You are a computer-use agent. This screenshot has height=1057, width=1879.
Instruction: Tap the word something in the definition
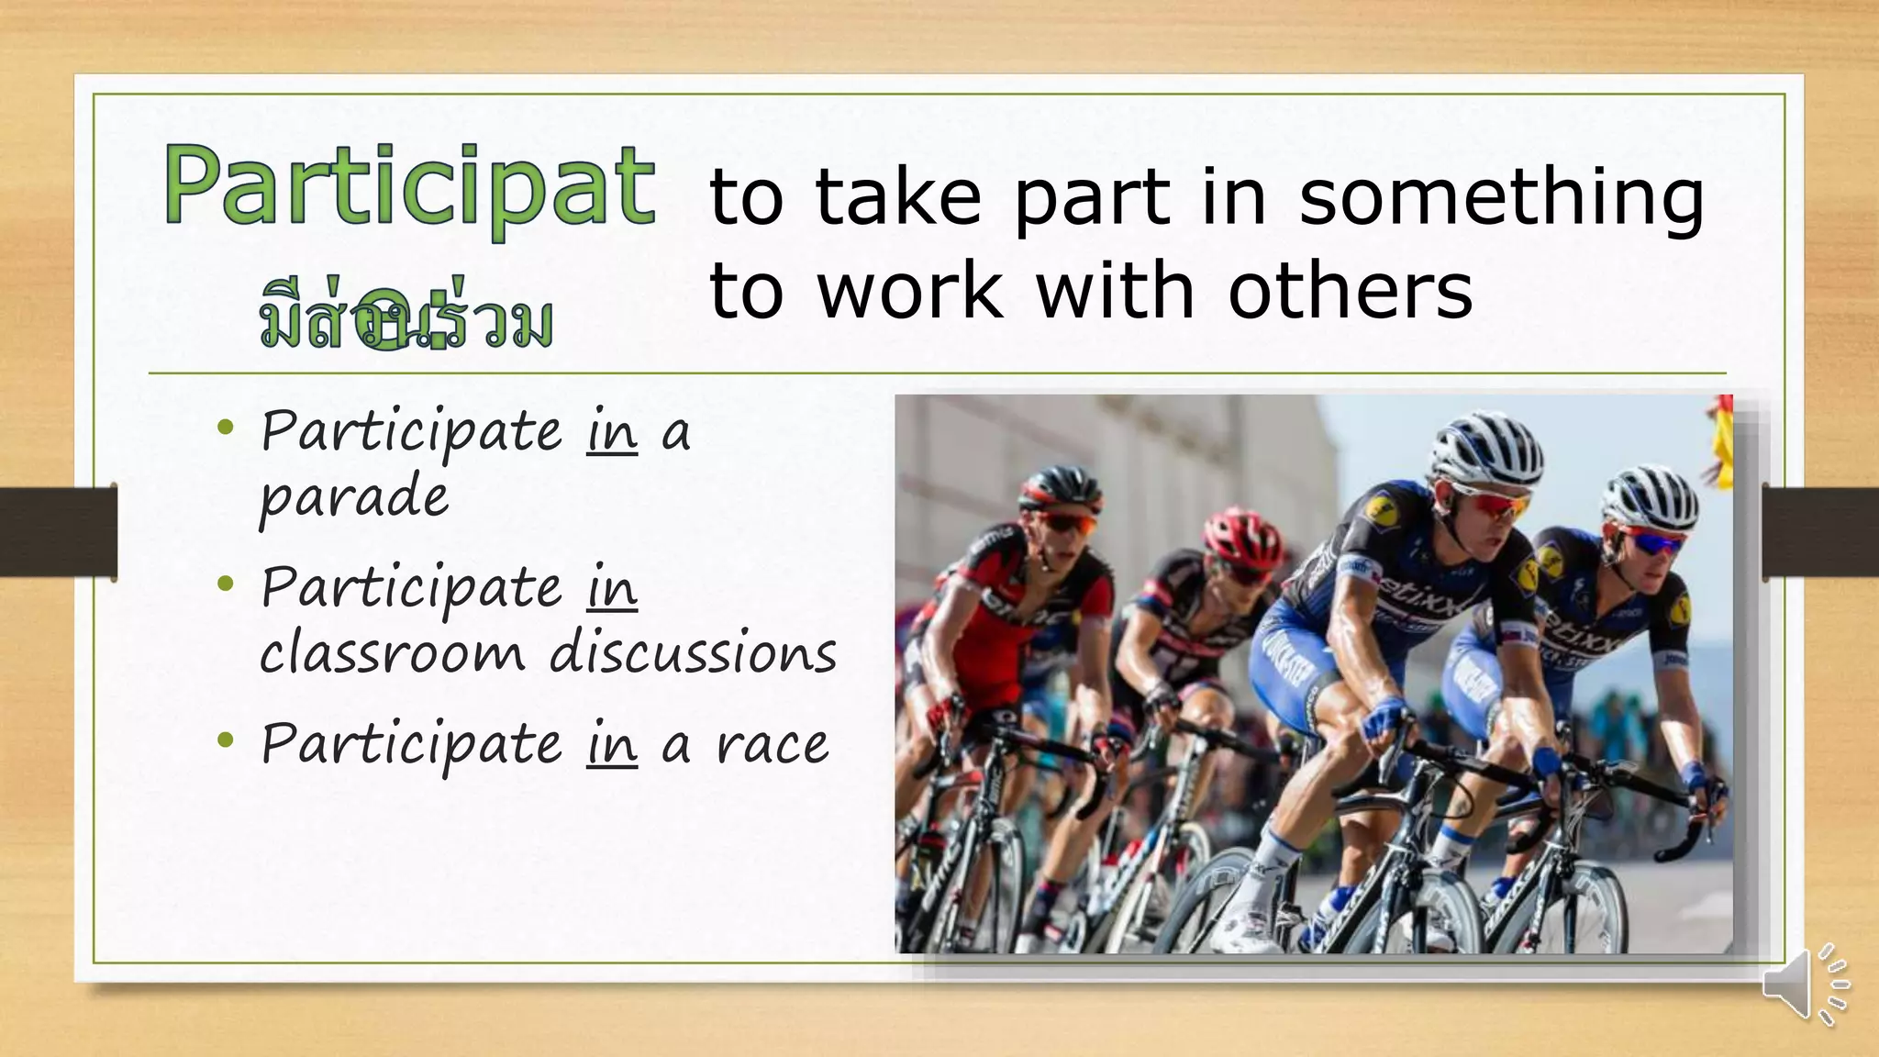[x=1501, y=197]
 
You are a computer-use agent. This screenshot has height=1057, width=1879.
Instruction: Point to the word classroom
[x=392, y=653]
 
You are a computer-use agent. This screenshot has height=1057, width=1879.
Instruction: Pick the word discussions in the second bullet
[x=693, y=653]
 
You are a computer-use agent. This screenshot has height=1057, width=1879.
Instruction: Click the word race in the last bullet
[x=773, y=744]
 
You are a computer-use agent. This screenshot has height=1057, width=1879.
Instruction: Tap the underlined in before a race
[x=612, y=744]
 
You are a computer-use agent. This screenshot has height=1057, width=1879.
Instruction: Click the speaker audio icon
[x=1804, y=985]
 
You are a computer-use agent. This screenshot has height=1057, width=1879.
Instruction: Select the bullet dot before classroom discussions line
[x=226, y=584]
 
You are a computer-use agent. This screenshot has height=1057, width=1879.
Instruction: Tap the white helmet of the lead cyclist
[x=1484, y=445]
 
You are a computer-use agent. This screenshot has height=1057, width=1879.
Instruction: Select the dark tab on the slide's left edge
[x=59, y=532]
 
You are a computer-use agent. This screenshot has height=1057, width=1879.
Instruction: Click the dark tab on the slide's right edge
[x=1820, y=532]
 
